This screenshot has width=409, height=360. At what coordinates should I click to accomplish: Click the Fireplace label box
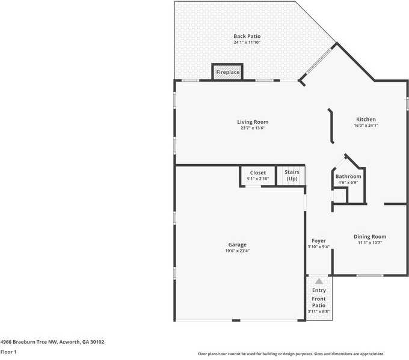[x=228, y=72]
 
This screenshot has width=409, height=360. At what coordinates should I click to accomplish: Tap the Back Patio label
[x=247, y=37]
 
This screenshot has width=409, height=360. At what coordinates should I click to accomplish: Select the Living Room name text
[x=253, y=122]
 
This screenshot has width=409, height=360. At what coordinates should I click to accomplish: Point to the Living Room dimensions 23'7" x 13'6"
[x=253, y=128]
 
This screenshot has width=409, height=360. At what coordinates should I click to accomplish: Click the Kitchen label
[x=366, y=120]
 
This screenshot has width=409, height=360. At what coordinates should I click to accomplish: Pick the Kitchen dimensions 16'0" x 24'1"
[x=366, y=126]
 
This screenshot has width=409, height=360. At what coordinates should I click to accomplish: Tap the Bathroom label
[x=348, y=177]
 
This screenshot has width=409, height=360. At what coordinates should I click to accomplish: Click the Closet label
[x=258, y=172]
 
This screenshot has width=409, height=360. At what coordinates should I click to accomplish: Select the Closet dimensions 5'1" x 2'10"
[x=258, y=178]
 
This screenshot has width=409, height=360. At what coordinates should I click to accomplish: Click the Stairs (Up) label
[x=292, y=175]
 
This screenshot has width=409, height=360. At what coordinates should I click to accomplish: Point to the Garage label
[x=237, y=245]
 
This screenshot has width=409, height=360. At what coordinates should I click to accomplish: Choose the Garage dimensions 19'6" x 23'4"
[x=237, y=251]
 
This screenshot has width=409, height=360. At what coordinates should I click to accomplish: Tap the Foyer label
[x=318, y=241]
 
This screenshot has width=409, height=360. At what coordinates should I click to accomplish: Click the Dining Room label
[x=370, y=237]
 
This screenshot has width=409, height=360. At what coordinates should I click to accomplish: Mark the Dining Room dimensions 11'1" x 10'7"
[x=370, y=243]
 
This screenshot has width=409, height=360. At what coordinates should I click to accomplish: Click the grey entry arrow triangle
[x=319, y=281]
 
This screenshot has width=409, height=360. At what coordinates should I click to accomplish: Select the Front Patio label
[x=318, y=302]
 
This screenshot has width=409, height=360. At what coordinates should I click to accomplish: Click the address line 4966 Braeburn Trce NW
[x=52, y=342]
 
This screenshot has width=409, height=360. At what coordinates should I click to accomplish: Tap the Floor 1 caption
[x=8, y=352]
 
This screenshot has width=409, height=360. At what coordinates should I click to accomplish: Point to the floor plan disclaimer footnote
[x=291, y=354]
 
